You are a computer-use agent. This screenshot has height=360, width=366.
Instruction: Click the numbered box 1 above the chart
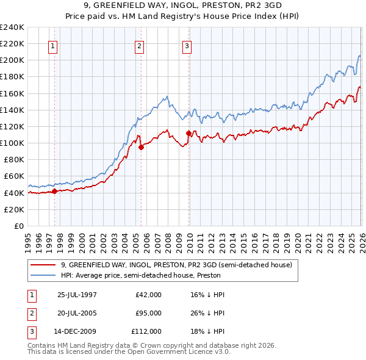(54, 46)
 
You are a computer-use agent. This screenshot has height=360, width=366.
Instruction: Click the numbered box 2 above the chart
(140, 46)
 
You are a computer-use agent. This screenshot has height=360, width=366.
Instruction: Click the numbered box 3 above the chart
(187, 46)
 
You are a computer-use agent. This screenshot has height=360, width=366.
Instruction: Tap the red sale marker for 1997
(55, 191)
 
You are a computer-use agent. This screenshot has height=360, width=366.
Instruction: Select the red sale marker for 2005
(141, 147)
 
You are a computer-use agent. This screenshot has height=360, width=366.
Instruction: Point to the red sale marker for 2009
(188, 133)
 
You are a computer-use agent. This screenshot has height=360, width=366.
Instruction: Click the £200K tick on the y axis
(12, 60)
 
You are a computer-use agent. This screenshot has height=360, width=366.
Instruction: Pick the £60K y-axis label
(14, 176)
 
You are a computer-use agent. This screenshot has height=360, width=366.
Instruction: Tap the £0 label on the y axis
(18, 226)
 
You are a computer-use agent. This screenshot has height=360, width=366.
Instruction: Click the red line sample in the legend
(43, 265)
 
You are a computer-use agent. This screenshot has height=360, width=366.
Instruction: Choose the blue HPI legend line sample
(43, 275)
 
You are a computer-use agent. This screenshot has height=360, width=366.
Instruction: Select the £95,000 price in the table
(149, 313)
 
